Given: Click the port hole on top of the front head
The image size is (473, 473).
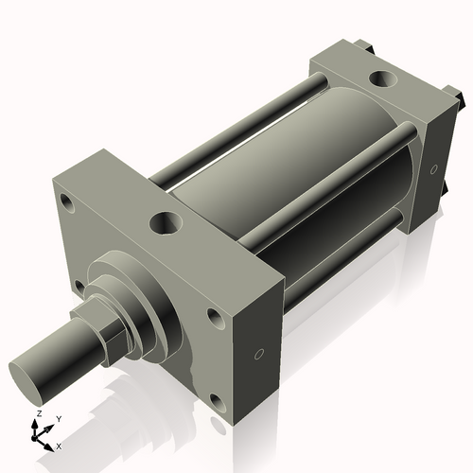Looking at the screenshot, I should coord(164,223).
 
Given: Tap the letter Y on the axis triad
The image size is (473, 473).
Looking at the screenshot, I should coord(58,418).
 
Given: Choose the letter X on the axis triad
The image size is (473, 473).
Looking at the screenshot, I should coord(60,445).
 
